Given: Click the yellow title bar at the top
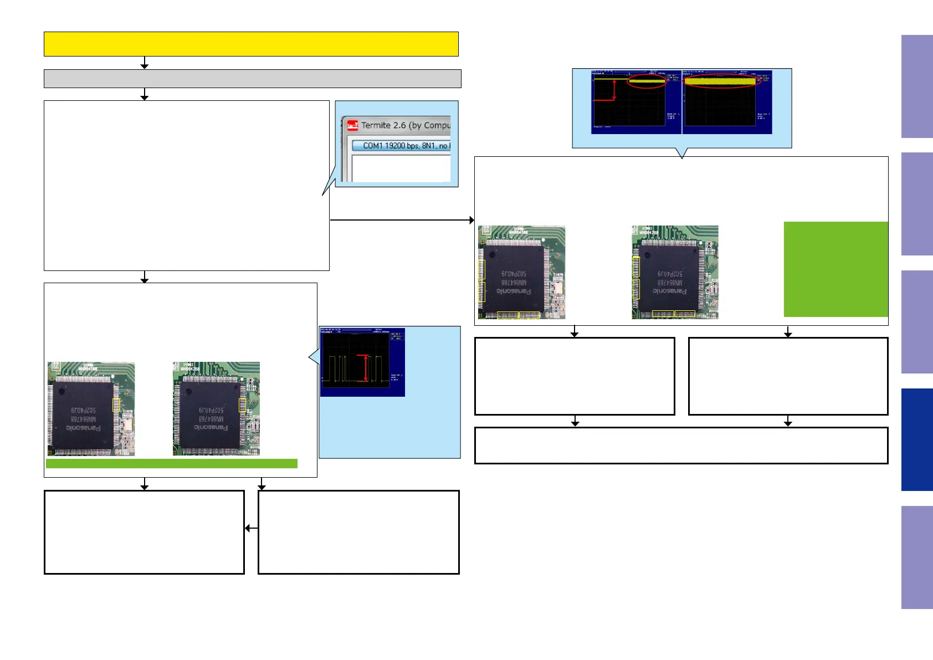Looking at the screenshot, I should [251, 44].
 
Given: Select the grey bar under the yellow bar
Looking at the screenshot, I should [252, 79].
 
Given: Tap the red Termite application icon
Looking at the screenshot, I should [352, 126].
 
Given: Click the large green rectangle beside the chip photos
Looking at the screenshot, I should [835, 269].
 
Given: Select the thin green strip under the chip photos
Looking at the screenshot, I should [171, 463].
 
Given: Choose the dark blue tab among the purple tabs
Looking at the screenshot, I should [917, 439].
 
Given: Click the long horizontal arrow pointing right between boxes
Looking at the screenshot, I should [402, 220].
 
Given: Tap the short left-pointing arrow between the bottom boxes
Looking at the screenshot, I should [251, 528].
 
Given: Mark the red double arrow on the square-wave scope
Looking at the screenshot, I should [365, 368].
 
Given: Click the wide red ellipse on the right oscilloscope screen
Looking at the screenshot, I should [720, 81].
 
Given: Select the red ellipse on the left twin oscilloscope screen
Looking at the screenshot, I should [647, 81].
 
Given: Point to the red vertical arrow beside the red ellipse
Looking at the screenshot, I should [614, 90].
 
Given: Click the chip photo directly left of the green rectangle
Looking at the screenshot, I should [675, 272].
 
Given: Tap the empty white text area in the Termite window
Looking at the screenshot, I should [401, 168].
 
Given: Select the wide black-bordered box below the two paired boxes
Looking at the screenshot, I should [681, 445].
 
